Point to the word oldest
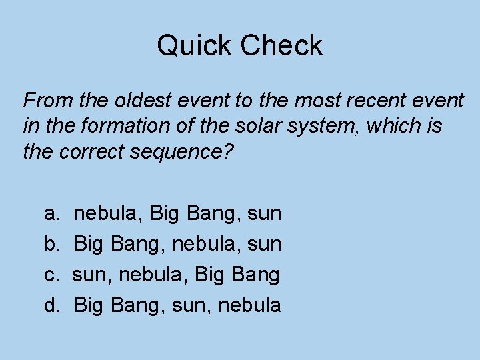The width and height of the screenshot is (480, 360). (x=139, y=101)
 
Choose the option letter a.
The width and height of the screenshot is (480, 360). (x=50, y=214)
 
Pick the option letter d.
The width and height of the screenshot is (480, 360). (x=51, y=305)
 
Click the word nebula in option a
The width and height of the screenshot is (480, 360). (x=108, y=214)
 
